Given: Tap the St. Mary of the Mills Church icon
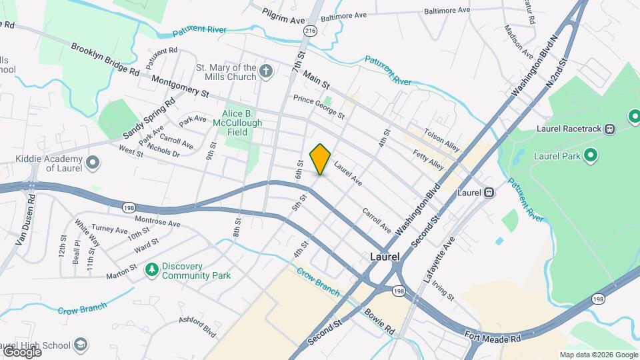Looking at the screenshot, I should pyautogui.click(x=266, y=71).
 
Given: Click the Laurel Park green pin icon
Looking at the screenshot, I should pyautogui.click(x=590, y=156).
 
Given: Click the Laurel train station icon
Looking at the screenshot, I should pyautogui.click(x=489, y=193).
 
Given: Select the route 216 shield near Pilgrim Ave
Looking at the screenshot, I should pyautogui.click(x=310, y=31).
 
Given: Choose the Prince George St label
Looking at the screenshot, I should pyautogui.click(x=319, y=107).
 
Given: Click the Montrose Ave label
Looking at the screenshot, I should pyautogui.click(x=157, y=221).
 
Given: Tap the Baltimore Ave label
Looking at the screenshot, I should pyautogui.click(x=344, y=15).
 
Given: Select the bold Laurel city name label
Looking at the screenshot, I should pyautogui.click(x=385, y=257).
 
